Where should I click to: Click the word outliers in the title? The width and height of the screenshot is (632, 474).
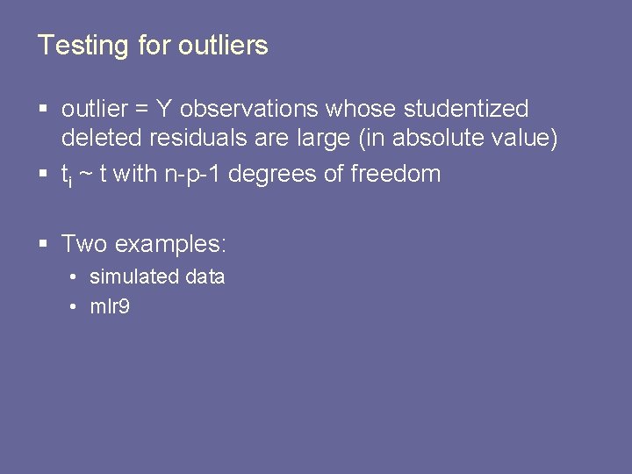pos(223,46)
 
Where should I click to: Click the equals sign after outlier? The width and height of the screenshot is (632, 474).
pos(141,111)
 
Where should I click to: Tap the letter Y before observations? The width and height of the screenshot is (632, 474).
pos(164,110)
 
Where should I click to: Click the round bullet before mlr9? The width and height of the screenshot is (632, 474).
pos(76,307)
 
